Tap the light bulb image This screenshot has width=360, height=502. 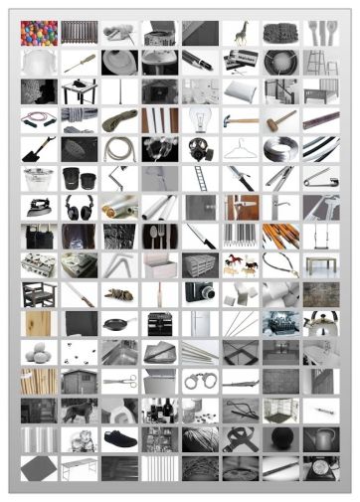(x=200, y=121)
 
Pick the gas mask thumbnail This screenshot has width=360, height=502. (x=200, y=150)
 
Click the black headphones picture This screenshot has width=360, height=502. (x=79, y=208)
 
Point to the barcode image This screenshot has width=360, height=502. (x=241, y=237)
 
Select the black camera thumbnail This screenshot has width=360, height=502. (x=200, y=294)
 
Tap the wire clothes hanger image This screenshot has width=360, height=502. (x=241, y=150)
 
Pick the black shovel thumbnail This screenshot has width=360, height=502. (x=39, y=150)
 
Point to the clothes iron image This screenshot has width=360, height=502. (x=39, y=208)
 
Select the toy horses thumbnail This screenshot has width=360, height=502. (x=241, y=265)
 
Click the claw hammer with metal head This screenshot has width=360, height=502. (x=241, y=121)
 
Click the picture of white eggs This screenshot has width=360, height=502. (x=39, y=352)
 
